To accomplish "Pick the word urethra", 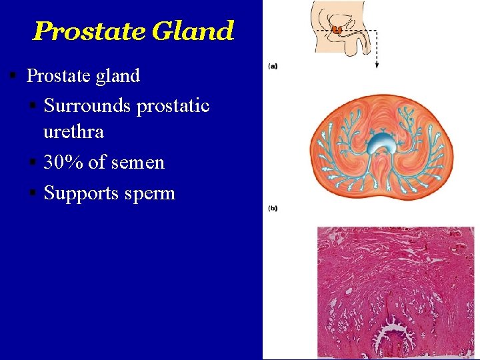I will (x=73, y=131).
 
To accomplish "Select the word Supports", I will (x=82, y=193).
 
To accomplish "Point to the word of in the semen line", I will (x=97, y=162).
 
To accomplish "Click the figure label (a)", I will (x=273, y=66).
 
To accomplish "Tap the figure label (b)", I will (x=273, y=208).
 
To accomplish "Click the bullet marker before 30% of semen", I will (x=32, y=163).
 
